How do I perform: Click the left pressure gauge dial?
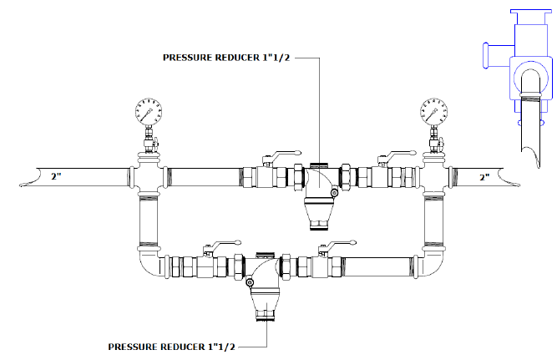coord(149,112)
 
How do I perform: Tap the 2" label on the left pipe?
coord(57,177)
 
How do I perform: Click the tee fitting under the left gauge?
coord(149,175)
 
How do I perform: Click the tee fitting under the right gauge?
coord(433,175)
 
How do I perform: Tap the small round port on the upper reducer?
coord(333,195)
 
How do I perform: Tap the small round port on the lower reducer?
coord(250,284)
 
